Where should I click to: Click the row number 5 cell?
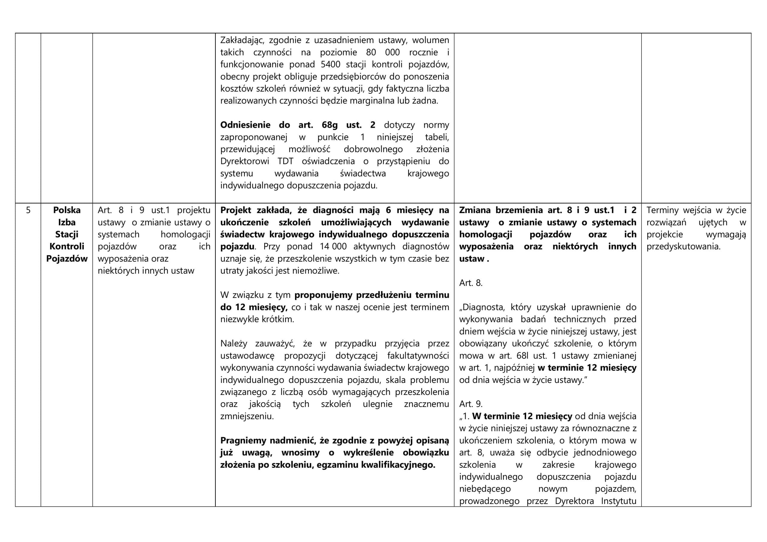coord(28,210)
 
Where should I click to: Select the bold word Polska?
coord(67,210)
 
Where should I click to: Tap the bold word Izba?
coord(67,222)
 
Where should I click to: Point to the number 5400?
coord(330,64)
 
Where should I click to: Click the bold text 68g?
coord(329,125)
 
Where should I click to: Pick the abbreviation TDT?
coord(285,161)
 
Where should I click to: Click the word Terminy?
coord(662,210)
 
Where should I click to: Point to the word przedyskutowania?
coord(683,247)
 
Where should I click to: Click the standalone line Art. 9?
coord(471,404)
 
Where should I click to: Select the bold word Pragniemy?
coord(243,440)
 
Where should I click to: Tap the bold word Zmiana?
coord(475,210)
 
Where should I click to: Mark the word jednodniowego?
coord(605,453)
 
